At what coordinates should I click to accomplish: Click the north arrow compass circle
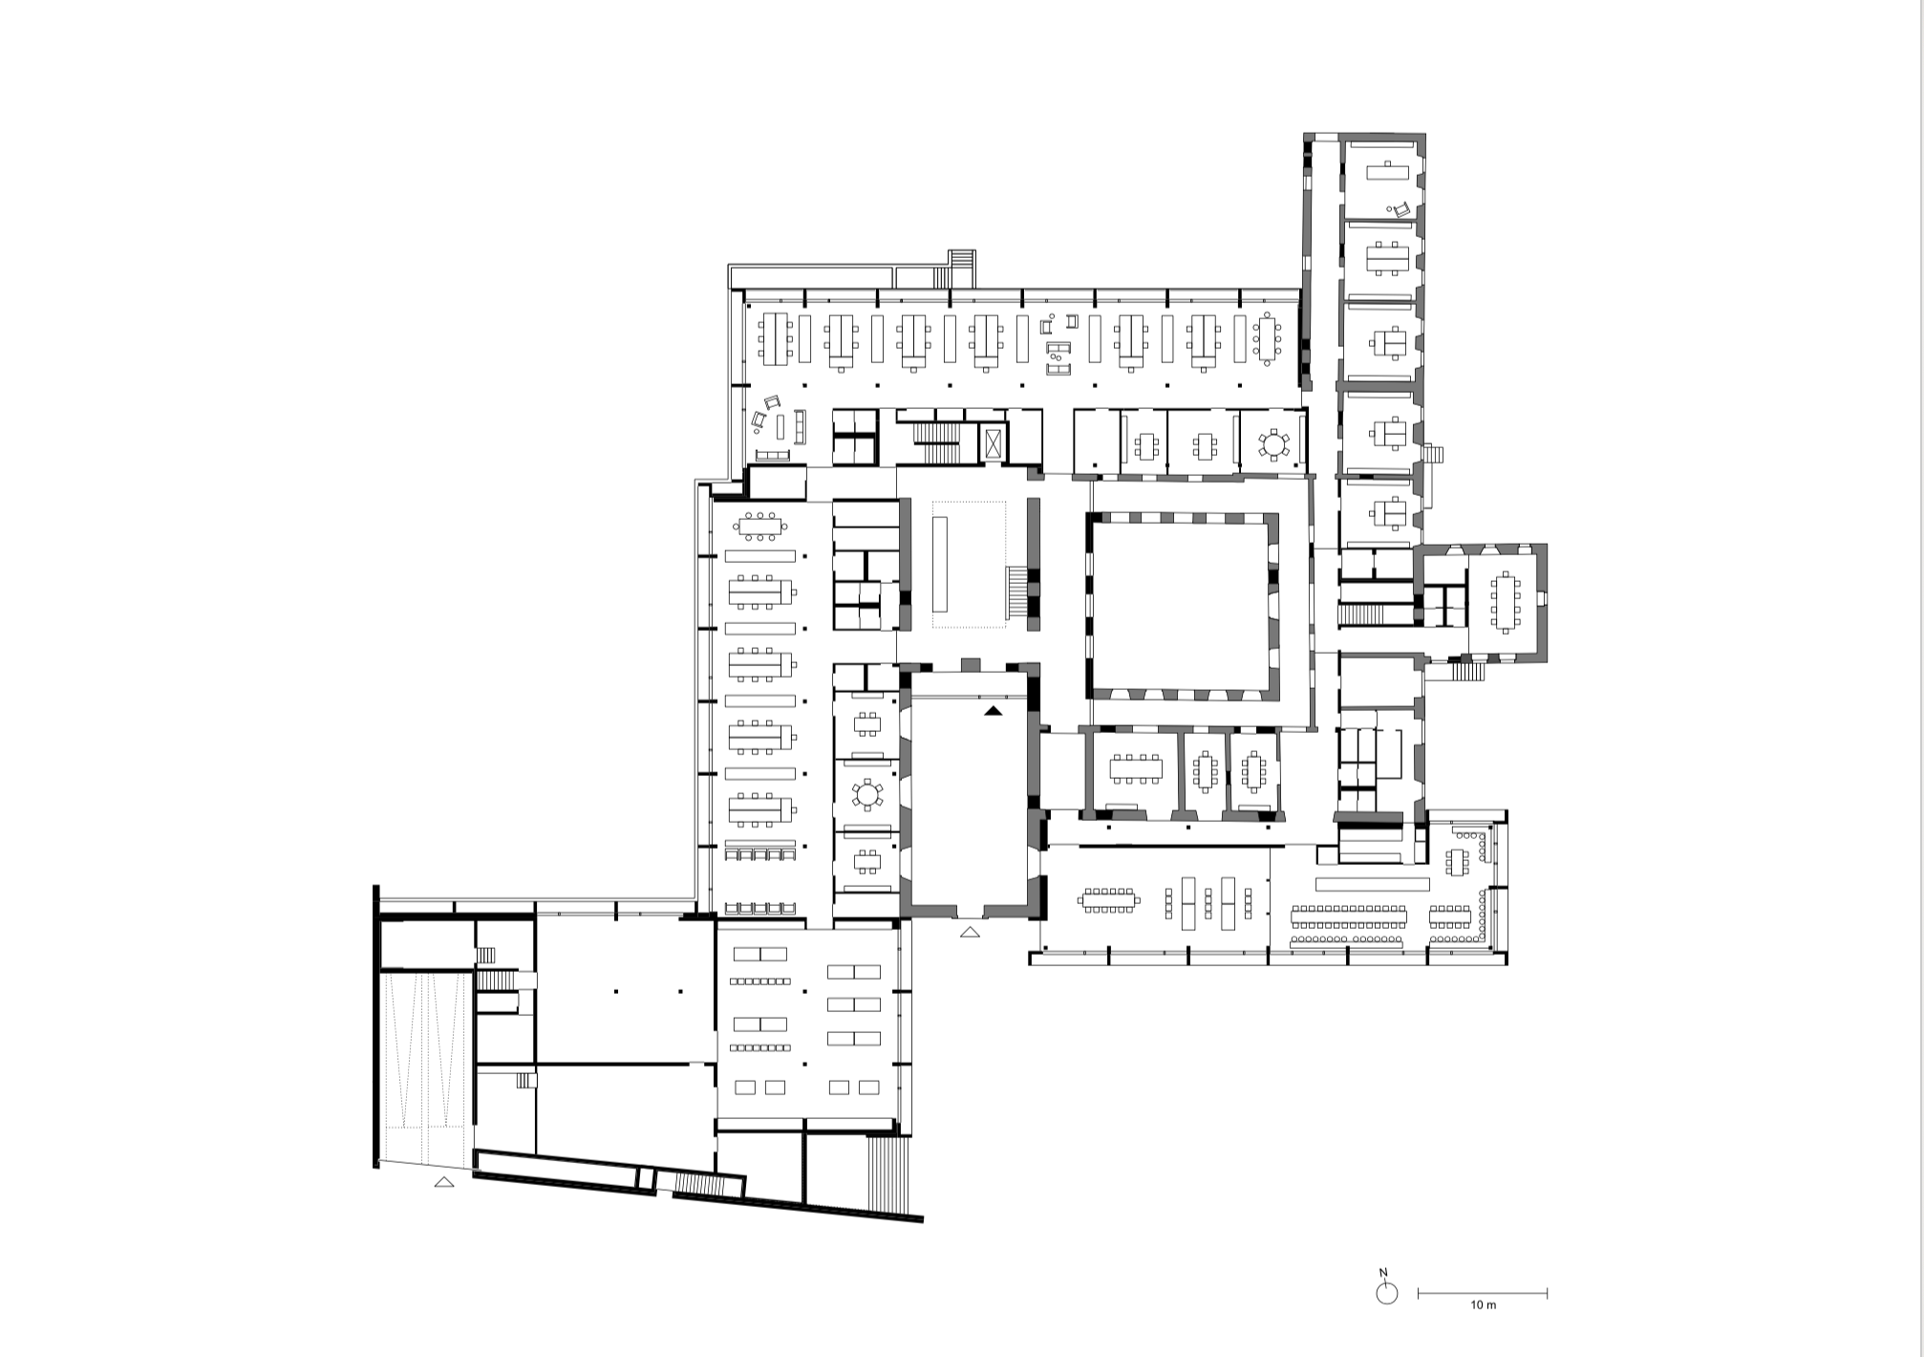click(1386, 1293)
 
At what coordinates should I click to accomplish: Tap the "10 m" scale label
click(1483, 1305)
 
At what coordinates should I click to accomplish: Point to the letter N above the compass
click(1383, 1273)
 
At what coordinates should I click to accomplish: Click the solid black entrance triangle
click(994, 710)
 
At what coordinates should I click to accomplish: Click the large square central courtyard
click(1182, 602)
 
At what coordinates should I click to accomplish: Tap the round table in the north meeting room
click(1273, 444)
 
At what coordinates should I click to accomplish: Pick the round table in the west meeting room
click(867, 794)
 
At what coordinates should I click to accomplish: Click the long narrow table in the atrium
click(940, 564)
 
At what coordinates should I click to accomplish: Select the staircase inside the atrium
click(1017, 592)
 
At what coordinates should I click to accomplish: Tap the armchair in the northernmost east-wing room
click(1400, 209)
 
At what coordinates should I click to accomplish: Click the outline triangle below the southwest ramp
click(443, 1182)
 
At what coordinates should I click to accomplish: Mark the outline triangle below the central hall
click(970, 932)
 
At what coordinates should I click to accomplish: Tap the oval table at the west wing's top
click(760, 525)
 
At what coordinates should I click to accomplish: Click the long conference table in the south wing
click(1348, 917)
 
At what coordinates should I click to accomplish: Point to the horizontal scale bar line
click(1483, 1294)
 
